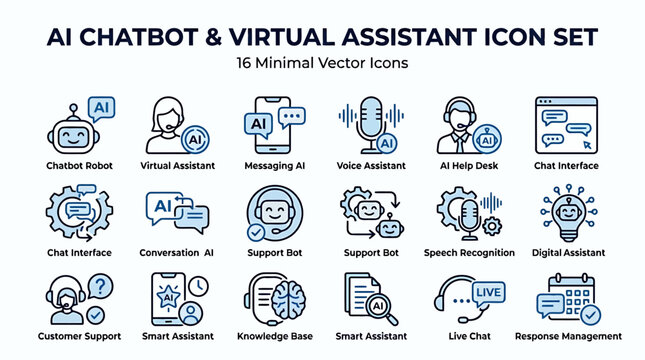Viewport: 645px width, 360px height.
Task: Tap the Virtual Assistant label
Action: (x=178, y=165)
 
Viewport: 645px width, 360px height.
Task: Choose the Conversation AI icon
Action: (x=177, y=212)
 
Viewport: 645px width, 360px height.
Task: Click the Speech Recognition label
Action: (x=469, y=253)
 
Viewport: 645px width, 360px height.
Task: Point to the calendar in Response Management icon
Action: (x=579, y=298)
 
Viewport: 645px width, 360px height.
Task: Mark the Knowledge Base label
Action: (x=275, y=337)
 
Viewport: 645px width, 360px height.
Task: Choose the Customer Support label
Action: (x=79, y=337)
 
